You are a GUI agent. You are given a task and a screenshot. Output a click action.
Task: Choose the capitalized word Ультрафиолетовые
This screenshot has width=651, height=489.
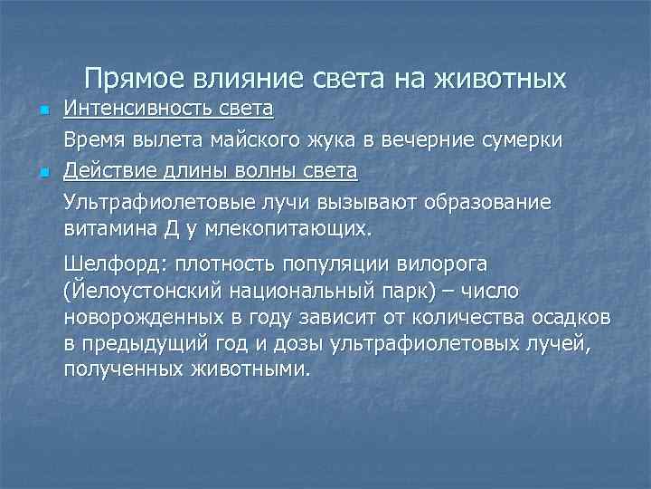tap(151, 200)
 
